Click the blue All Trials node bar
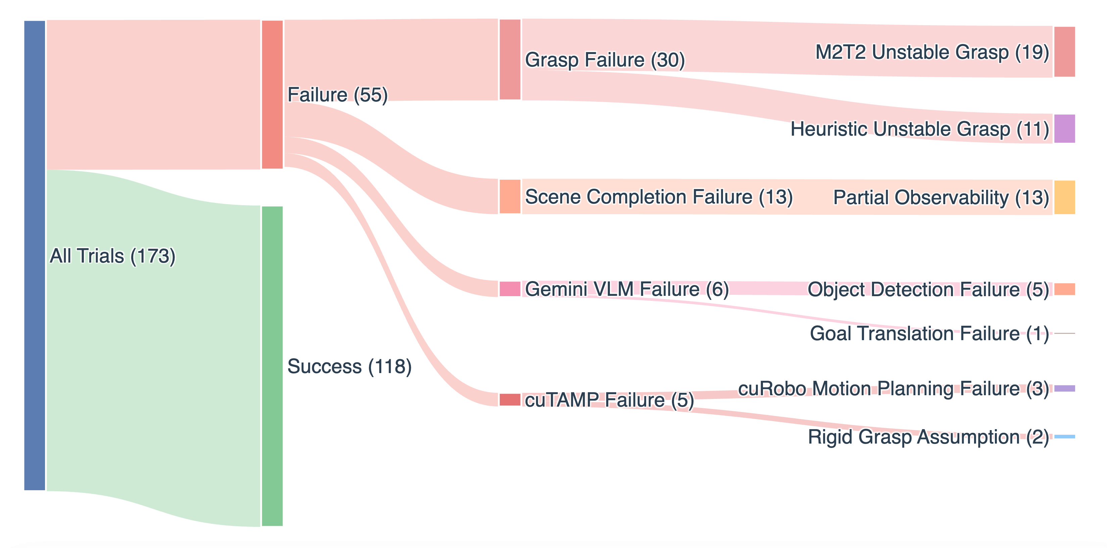pos(34,255)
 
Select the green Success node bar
pos(272,366)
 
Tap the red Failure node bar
pos(272,95)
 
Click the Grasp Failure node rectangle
pos(510,59)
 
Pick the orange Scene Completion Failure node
pos(510,196)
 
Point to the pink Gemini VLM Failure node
pos(510,289)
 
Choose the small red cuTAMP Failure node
pos(510,399)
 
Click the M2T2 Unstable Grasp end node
pos(1064,52)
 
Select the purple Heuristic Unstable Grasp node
pos(1064,129)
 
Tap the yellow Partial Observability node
pos(1064,197)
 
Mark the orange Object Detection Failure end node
pos(1064,289)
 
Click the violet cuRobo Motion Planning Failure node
pos(1064,389)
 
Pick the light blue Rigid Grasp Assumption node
pos(1064,437)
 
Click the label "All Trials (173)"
pos(112,256)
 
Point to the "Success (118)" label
pos(349,366)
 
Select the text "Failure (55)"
pos(337,95)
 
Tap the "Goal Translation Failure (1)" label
pos(929,333)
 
